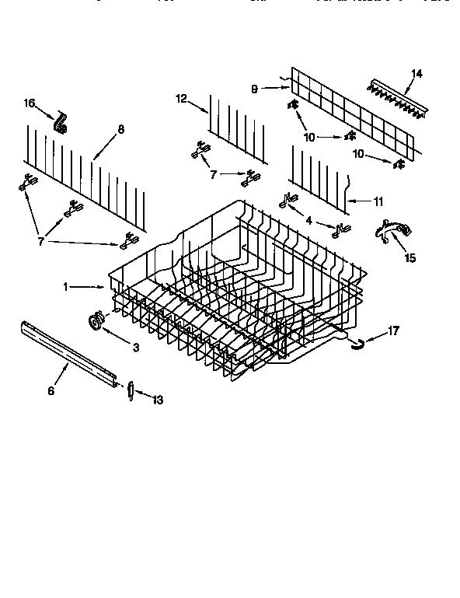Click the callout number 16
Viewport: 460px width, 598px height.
click(29, 103)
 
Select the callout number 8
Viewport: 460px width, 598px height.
click(120, 130)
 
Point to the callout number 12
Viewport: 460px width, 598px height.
click(180, 98)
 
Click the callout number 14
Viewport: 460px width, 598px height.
click(416, 74)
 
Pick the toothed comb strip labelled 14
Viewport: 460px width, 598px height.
click(399, 100)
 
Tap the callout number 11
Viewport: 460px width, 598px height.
click(378, 201)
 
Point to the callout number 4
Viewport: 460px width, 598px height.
click(309, 221)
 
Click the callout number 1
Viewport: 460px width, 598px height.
click(68, 287)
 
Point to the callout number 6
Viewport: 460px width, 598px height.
click(51, 391)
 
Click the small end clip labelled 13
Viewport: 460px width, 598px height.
click(131, 389)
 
